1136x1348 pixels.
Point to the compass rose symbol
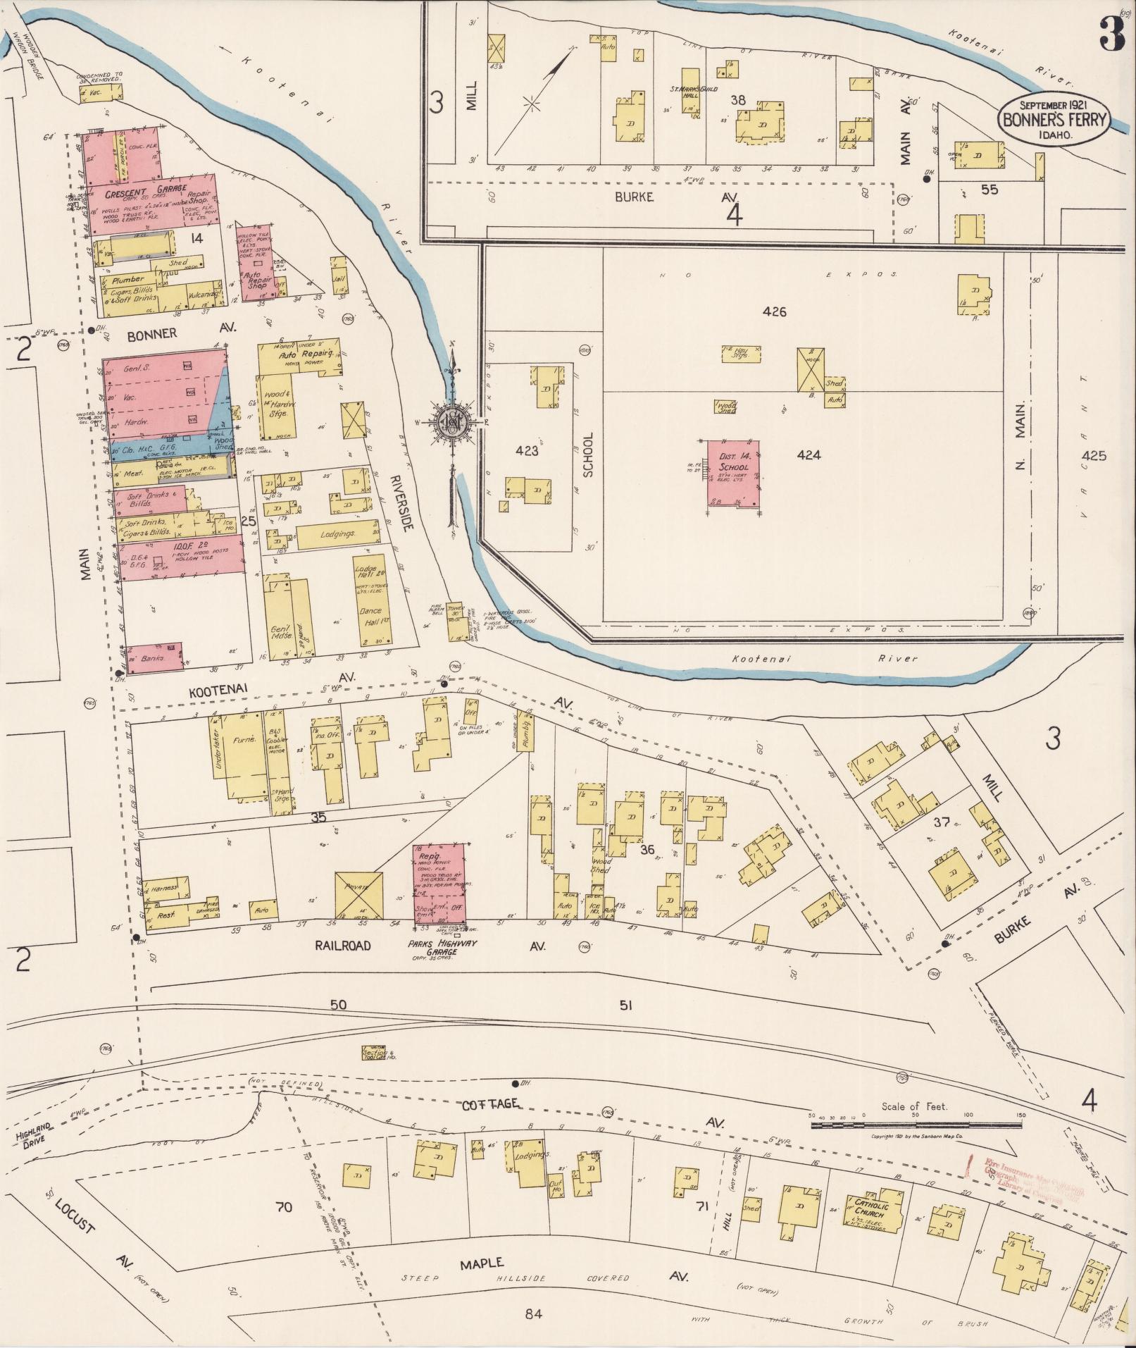(x=451, y=423)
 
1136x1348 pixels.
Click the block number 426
(x=773, y=311)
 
